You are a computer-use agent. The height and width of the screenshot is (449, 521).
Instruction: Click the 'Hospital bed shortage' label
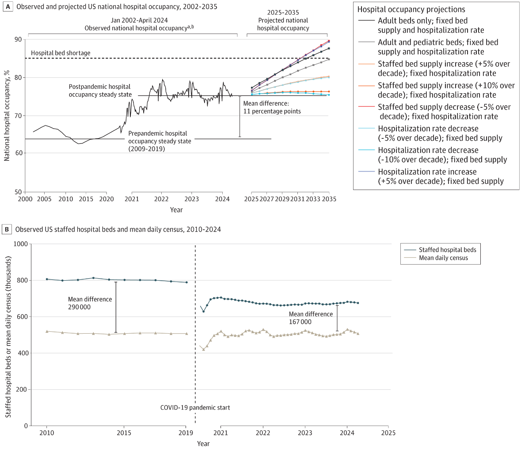point(61,53)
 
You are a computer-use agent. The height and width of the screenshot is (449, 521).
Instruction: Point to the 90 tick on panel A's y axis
point(18,40)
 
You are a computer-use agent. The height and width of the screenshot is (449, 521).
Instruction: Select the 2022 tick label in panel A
point(161,199)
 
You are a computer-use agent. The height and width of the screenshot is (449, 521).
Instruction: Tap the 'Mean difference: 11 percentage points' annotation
point(272,108)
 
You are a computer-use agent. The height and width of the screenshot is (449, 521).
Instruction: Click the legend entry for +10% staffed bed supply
point(446,90)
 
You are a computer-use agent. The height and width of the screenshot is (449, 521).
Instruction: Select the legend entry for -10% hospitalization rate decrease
point(442,155)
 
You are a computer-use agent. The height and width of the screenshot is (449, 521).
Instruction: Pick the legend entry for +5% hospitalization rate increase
point(441,176)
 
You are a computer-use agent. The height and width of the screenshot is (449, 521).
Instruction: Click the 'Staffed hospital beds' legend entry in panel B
point(447,250)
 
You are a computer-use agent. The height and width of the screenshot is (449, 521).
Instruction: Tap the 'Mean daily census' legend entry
point(443,258)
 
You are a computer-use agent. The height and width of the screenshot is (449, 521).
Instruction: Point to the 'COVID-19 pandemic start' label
point(195,407)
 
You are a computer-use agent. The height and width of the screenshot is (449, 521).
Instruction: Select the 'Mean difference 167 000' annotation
point(311,318)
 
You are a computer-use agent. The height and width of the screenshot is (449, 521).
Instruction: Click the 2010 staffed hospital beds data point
point(47,279)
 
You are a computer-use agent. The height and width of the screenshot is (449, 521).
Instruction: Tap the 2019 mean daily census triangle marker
point(186,334)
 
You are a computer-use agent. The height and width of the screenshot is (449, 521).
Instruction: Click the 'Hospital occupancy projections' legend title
point(411,9)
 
